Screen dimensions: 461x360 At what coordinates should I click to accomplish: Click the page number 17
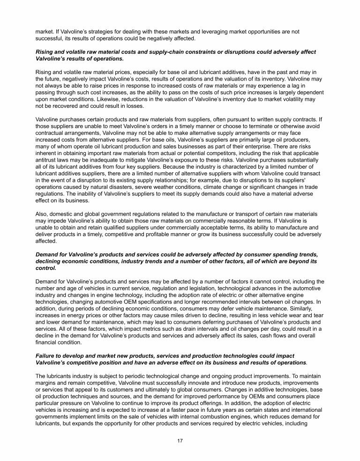(x=180, y=441)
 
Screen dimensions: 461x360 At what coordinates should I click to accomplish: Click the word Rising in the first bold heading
(x=45, y=52)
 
